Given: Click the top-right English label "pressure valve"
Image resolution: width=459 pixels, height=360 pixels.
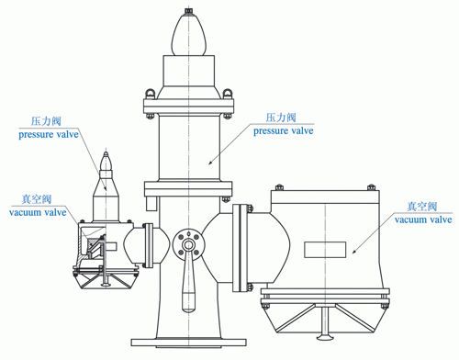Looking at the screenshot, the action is click(x=284, y=131).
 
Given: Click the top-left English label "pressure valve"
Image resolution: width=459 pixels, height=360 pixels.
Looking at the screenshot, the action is click(x=49, y=135).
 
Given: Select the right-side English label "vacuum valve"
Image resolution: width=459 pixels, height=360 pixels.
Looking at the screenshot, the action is click(x=423, y=219).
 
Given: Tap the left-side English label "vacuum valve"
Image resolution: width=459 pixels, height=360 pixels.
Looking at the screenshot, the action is click(x=38, y=212).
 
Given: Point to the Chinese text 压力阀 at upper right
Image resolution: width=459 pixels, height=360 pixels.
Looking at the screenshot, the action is click(x=281, y=118).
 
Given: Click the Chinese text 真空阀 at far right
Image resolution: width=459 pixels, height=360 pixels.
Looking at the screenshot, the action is click(x=421, y=207).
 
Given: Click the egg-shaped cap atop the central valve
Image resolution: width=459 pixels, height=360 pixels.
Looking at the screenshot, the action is click(x=189, y=35).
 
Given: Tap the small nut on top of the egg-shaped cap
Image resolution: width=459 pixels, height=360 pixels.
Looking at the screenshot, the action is click(x=189, y=12).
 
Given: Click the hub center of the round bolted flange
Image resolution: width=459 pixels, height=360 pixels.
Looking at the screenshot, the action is click(x=188, y=245).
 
